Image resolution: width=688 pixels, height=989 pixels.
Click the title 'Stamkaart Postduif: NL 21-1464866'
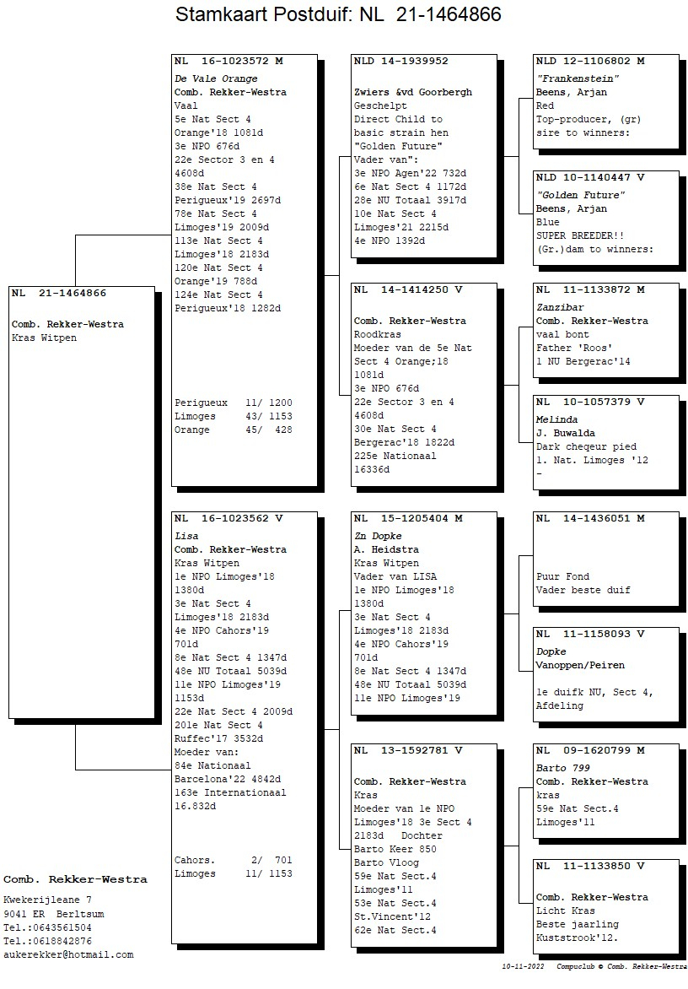338,14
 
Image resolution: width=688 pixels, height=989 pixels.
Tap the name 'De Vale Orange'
216,78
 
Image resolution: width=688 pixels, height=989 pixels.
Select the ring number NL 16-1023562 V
228,518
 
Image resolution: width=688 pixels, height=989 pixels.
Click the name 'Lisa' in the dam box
186,536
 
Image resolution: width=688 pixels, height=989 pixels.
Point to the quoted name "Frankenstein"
578,78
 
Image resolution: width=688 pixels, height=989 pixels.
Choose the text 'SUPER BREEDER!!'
580,236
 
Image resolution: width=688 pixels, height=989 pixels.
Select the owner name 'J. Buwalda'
566,433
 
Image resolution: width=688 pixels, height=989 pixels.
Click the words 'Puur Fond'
562,576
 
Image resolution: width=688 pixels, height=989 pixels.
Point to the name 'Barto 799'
563,768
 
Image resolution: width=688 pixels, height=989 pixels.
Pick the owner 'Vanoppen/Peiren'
580,666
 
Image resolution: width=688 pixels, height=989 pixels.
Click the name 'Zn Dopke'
378,536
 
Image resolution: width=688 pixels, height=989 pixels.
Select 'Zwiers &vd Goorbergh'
413,92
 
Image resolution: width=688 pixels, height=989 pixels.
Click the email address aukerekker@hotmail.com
68,955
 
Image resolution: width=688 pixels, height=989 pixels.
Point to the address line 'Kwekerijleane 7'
48,900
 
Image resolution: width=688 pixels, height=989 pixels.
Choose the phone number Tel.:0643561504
47,927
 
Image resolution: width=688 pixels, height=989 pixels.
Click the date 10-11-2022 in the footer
523,966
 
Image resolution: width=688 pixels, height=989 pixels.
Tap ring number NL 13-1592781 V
408,750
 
